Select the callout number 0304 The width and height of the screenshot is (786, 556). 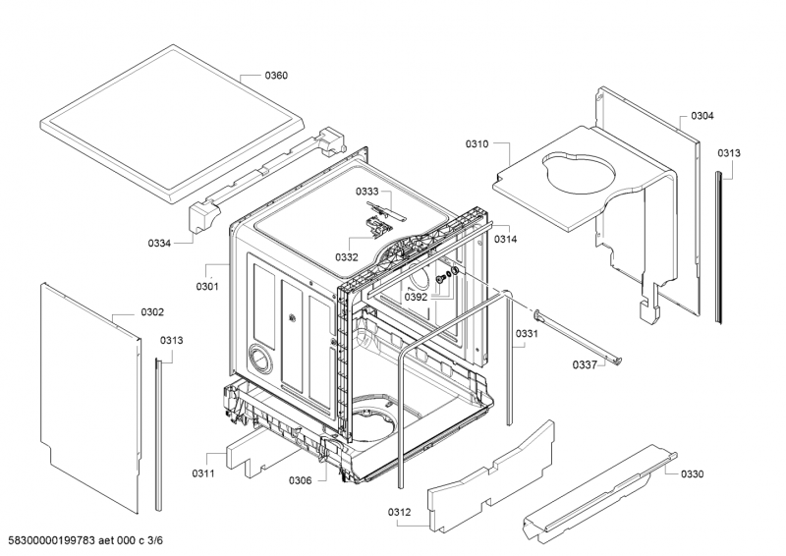[x=702, y=116]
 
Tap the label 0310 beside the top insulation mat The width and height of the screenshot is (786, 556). [x=477, y=144]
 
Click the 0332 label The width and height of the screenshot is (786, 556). [x=347, y=256]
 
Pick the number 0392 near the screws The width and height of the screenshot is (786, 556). [x=416, y=296]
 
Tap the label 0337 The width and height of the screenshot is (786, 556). [x=587, y=364]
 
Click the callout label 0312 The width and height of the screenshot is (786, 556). [x=400, y=513]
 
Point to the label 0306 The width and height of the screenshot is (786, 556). [x=301, y=480]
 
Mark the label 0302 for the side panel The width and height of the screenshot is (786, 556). [x=151, y=312]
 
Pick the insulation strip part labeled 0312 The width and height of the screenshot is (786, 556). [x=486, y=473]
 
